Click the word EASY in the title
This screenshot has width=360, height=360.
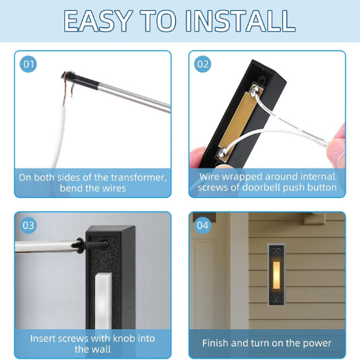coord(98,21)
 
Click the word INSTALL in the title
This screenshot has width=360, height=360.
coord(240,21)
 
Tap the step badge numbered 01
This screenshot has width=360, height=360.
coord(28,64)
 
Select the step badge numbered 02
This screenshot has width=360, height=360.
coord(203,64)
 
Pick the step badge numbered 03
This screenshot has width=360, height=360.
coord(28,225)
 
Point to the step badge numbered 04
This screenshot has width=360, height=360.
coord(203,225)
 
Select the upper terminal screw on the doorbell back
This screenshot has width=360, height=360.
coord(254,91)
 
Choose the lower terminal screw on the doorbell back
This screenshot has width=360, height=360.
coord(222,151)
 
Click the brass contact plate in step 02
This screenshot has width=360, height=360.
coord(236,121)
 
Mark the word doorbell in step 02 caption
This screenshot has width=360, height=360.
coord(261,187)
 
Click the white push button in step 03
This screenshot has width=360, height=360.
coord(104,301)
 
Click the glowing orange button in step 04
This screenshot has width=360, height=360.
coord(276,275)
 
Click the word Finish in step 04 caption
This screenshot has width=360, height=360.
coord(215,343)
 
